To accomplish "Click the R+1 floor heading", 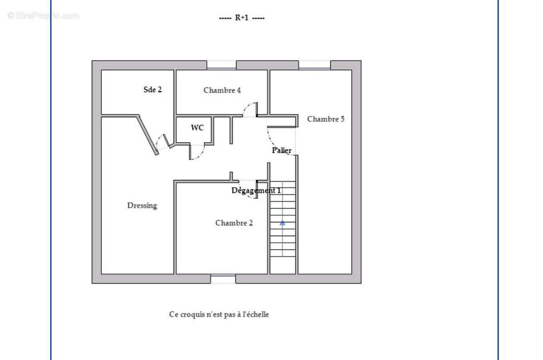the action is pyautogui.click(x=242, y=18).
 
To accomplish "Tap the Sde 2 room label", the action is pyautogui.click(x=152, y=90).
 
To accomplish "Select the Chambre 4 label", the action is pyautogui.click(x=222, y=90).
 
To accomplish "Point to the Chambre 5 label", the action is pyautogui.click(x=325, y=119).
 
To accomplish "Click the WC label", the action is pyautogui.click(x=197, y=128).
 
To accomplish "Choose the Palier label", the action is pyautogui.click(x=281, y=150).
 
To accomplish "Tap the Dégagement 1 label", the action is pyautogui.click(x=256, y=191).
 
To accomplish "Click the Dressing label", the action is pyautogui.click(x=142, y=206).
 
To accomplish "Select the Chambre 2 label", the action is pyautogui.click(x=234, y=223).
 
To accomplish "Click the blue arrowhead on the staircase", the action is pyautogui.click(x=282, y=222).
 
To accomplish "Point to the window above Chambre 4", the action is pyautogui.click(x=221, y=65).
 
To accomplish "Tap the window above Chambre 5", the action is pyautogui.click(x=314, y=65).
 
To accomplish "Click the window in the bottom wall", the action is pyautogui.click(x=223, y=279).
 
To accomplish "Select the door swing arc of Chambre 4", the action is pyautogui.click(x=249, y=110).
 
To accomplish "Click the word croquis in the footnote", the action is pyautogui.click(x=193, y=314).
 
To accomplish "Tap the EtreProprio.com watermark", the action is pyautogui.click(x=43, y=16).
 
